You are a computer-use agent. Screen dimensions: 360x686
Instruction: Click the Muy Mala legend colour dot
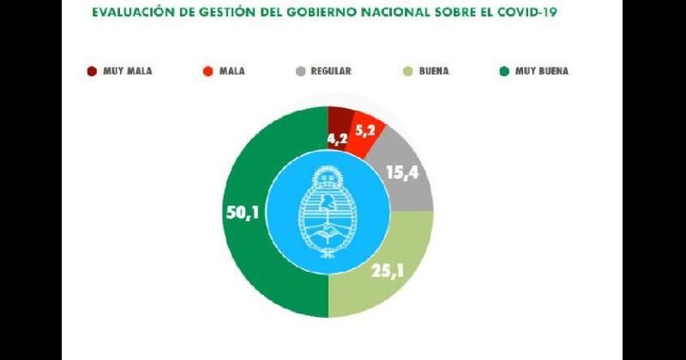click(92, 71)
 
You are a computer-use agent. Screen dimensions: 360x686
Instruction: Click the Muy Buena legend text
click(541, 71)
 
